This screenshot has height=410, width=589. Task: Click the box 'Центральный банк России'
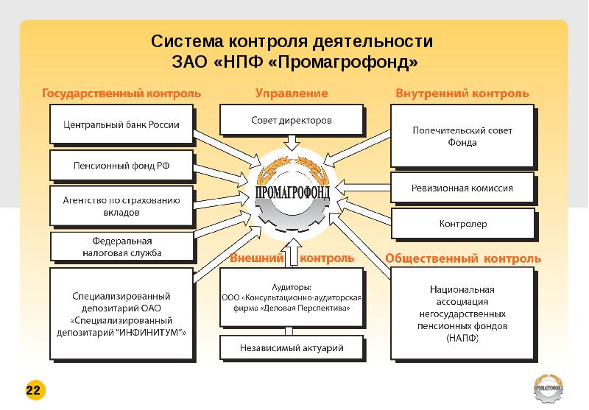pyautogui.click(x=121, y=124)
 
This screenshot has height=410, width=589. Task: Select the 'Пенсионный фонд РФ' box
pyautogui.click(x=121, y=166)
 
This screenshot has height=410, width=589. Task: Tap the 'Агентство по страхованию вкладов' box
pyautogui.click(x=121, y=206)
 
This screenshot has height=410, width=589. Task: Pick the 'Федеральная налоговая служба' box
pyautogui.click(x=122, y=247)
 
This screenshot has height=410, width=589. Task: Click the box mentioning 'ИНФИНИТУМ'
pyautogui.click(x=121, y=314)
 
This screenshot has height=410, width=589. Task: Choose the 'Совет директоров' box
pyautogui.click(x=292, y=120)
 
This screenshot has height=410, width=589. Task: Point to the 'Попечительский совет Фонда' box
pyautogui.click(x=462, y=136)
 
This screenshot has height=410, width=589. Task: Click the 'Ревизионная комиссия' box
pyautogui.click(x=462, y=188)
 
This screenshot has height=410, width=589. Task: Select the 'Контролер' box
pyautogui.click(x=463, y=224)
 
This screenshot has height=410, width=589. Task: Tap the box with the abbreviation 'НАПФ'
pyautogui.click(x=462, y=314)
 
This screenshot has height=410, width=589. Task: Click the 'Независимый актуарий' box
pyautogui.click(x=292, y=347)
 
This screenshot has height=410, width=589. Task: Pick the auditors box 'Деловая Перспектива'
pyautogui.click(x=292, y=297)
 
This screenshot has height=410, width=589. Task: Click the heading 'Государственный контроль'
pyautogui.click(x=121, y=93)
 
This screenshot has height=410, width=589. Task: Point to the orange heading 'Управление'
pyautogui.click(x=292, y=93)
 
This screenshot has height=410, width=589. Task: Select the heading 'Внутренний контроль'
pyautogui.click(x=462, y=93)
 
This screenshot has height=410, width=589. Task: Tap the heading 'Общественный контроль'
pyautogui.click(x=463, y=258)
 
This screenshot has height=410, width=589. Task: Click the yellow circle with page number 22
pyautogui.click(x=35, y=390)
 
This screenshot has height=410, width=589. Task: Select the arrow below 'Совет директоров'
pyautogui.click(x=292, y=143)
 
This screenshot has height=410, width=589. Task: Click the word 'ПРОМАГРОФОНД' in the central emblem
pyautogui.click(x=292, y=192)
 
